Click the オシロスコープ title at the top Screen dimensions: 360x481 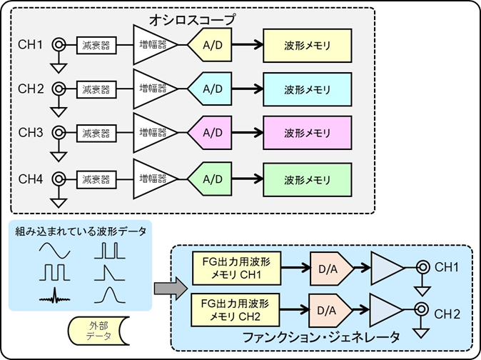[x=193, y=16]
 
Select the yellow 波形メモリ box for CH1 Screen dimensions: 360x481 [x=307, y=47]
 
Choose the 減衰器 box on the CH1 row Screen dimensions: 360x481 [x=95, y=47]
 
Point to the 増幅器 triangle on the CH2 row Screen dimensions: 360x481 [x=153, y=90]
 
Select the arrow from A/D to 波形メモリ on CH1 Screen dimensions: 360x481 [x=245, y=47]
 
